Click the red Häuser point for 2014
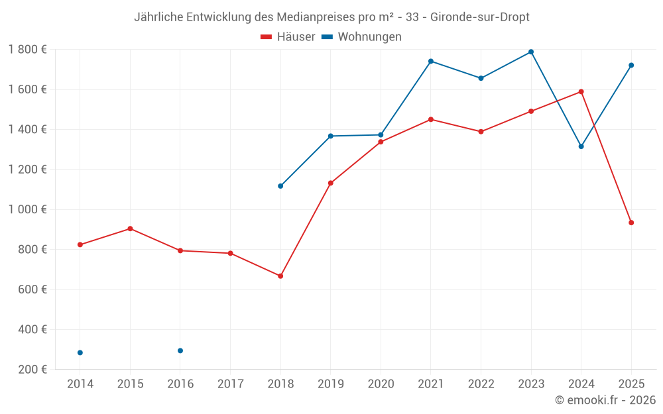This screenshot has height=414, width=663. pos(80,244)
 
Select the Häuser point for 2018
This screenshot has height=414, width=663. pos(280,276)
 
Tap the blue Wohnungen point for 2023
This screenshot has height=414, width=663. pos(531,52)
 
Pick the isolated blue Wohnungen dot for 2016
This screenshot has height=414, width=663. pos(180,350)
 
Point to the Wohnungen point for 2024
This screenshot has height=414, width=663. pos(581,146)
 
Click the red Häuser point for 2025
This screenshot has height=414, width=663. pos(631,223)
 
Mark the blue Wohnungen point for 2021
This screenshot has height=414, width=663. pos(431,61)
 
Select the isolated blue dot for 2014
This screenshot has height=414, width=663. pos(80,352)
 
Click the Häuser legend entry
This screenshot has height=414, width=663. pos(288,37)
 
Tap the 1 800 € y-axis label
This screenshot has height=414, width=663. pos(27,50)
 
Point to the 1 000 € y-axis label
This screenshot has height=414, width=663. pos(27,209)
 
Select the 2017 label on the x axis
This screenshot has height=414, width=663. pos(230,384)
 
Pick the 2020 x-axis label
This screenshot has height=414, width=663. pos(381,384)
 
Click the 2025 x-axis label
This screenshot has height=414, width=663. pos(631,384)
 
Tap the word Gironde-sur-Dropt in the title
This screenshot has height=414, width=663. pos(480,17)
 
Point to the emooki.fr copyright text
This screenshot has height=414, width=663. pos(605,400)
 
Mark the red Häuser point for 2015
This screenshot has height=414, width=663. pos(130,229)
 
